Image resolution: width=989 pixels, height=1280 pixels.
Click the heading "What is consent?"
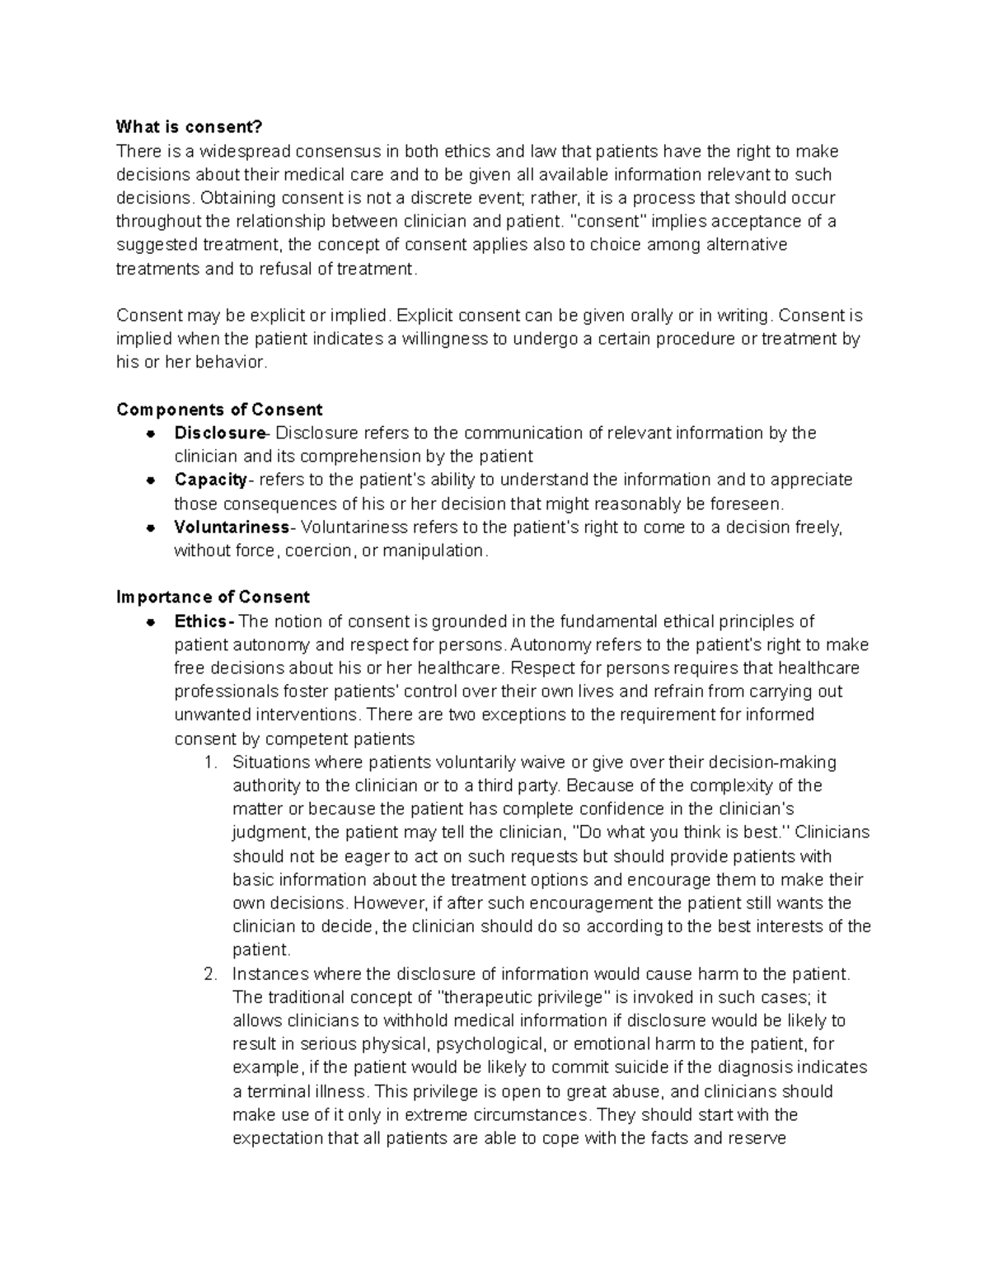(x=189, y=127)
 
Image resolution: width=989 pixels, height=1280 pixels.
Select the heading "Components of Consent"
(x=219, y=410)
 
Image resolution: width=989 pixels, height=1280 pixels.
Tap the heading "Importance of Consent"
(x=213, y=597)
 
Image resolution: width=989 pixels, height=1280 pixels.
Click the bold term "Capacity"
(x=210, y=480)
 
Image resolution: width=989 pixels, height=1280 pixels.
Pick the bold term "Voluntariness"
(x=231, y=527)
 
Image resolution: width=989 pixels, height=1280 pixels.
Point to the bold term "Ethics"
(x=201, y=621)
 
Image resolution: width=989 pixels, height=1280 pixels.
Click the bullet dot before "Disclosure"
(x=151, y=434)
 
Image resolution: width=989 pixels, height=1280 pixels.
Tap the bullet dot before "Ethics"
(x=151, y=621)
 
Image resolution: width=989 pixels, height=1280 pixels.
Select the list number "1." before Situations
(x=210, y=762)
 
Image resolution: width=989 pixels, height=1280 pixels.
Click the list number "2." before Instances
(x=210, y=974)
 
